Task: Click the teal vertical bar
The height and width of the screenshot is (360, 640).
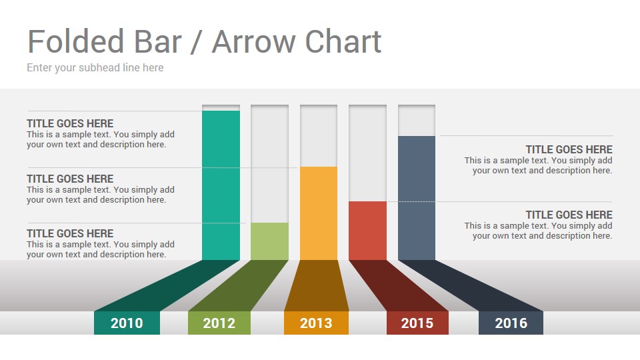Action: coord(221,185)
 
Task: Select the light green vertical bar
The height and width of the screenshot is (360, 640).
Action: coord(269,241)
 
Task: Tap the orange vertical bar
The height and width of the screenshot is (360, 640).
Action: coord(319,213)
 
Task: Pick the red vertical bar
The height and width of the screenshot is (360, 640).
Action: coord(367,231)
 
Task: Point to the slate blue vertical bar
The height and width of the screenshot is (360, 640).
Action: coord(416,198)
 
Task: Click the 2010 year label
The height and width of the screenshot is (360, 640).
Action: coord(127,323)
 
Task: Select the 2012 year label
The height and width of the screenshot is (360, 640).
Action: coord(219,323)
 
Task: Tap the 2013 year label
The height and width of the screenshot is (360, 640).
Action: coord(316,323)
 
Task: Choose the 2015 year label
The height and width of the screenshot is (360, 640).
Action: coord(417,323)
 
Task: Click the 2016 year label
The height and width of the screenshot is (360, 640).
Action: coord(511,323)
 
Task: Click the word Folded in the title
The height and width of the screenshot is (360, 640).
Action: coord(75,41)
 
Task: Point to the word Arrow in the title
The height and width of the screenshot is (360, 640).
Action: coord(254,42)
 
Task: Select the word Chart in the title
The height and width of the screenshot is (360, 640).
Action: coord(343,41)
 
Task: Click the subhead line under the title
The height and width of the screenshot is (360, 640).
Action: coord(95,68)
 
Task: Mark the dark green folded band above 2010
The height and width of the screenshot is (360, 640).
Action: coord(167,286)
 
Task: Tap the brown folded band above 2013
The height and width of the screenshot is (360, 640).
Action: coord(317,286)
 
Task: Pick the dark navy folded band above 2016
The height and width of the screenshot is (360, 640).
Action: coord(471,286)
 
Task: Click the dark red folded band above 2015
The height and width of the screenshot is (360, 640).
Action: coord(399,286)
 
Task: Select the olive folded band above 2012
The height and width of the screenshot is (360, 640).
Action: coord(239,286)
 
